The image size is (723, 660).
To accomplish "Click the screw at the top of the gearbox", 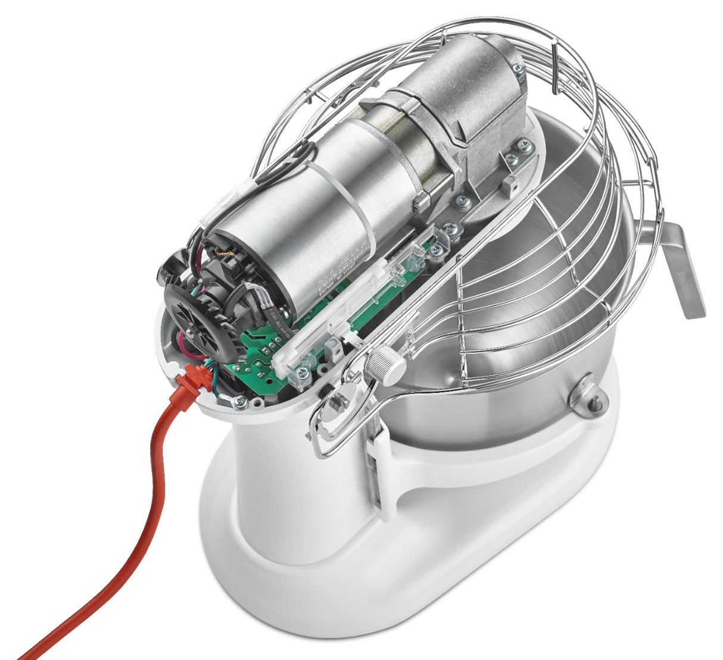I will [519, 70].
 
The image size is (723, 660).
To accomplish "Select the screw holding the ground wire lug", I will [240, 402].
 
